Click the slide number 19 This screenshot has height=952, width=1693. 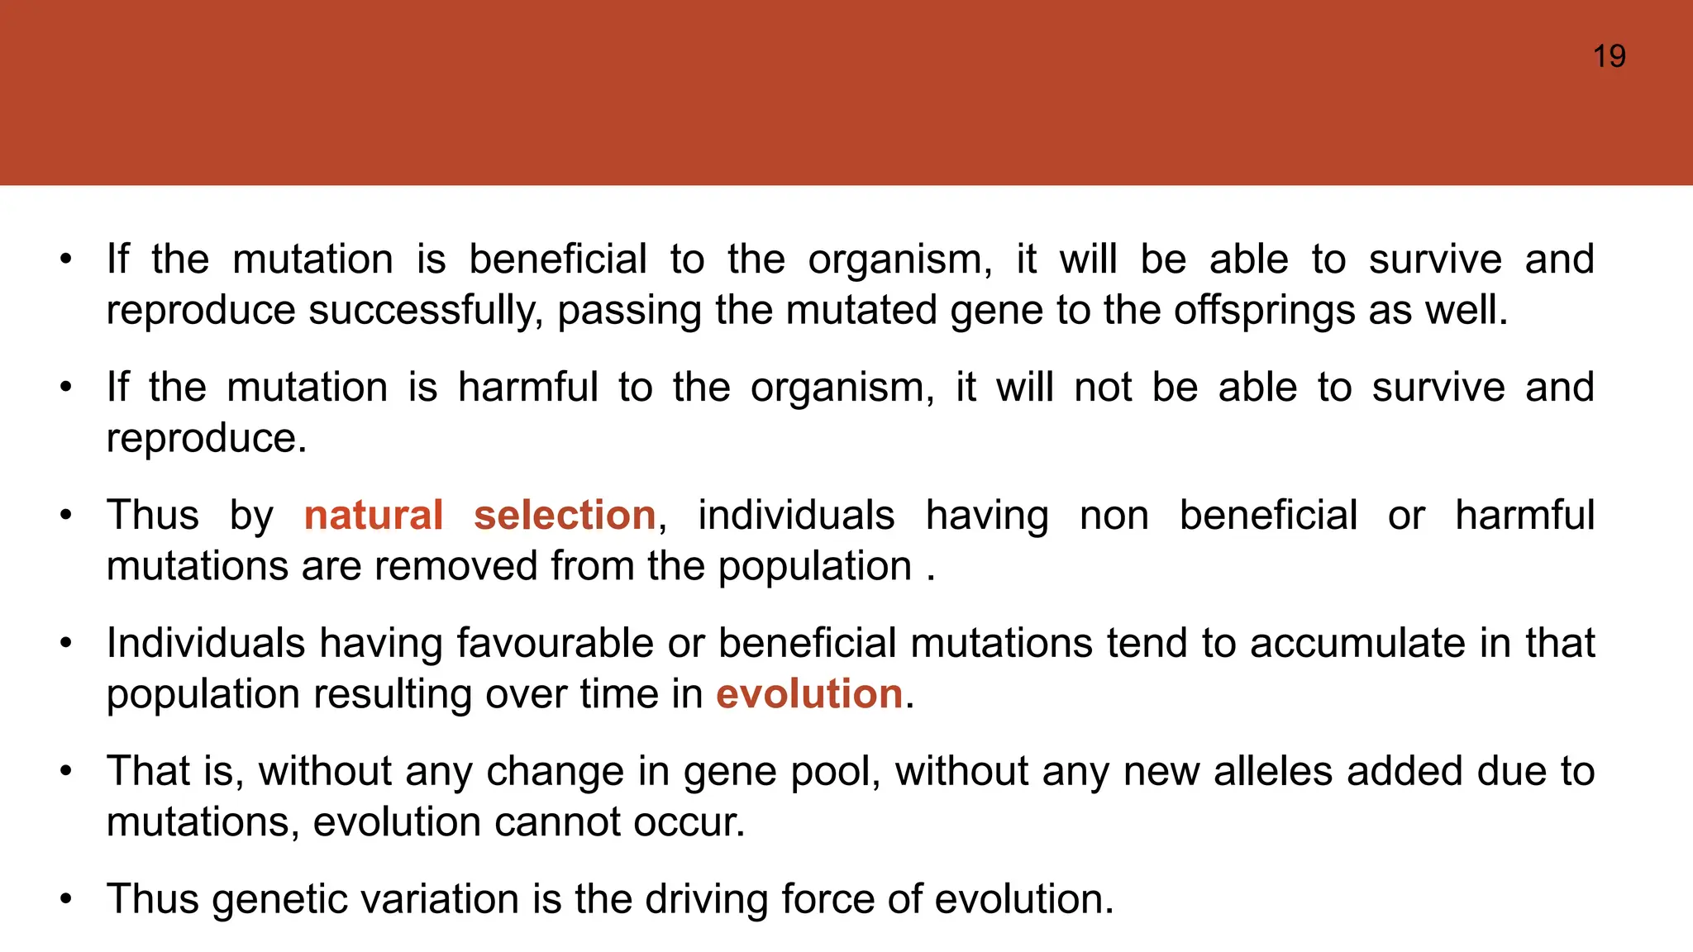[1609, 56]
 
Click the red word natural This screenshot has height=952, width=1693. [374, 515]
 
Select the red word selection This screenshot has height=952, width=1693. [565, 515]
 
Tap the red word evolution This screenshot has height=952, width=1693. [808, 693]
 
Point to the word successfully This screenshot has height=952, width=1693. [425, 311]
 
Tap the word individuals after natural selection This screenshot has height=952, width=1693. [795, 515]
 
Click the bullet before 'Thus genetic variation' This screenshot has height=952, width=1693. [66, 899]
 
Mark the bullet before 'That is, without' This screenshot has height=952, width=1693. [66, 771]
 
